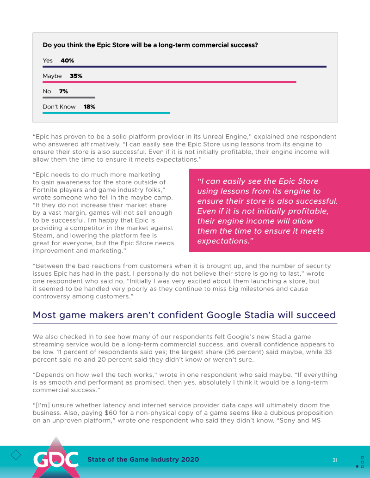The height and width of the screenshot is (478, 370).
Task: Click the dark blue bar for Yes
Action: pyautogui.click(x=185, y=67)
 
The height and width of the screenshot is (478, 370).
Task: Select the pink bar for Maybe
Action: pyautogui.click(x=169, y=82)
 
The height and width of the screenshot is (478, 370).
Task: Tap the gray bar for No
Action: pyautogui.click(x=68, y=97)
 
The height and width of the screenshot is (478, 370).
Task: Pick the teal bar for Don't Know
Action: pyautogui.click(x=106, y=113)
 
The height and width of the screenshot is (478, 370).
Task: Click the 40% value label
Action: pyautogui.click(x=67, y=61)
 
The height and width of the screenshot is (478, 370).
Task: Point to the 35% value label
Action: pyautogui.click(x=76, y=76)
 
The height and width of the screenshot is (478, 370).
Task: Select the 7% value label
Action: pyautogui.click(x=63, y=91)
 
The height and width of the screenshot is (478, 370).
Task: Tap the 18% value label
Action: pyautogui.click(x=89, y=107)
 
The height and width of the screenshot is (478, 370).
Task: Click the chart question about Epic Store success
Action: pyautogui.click(x=150, y=45)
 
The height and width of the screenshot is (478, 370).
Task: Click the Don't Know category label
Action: pyautogui.click(x=59, y=107)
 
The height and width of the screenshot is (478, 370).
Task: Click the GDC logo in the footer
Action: pyautogui.click(x=55, y=459)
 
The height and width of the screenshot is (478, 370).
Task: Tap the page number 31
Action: pyautogui.click(x=335, y=460)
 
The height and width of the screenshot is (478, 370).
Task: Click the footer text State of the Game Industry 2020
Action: pyautogui.click(x=143, y=460)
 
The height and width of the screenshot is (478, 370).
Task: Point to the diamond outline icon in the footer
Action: pyautogui.click(x=16, y=454)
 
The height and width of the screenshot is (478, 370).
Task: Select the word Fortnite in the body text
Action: pyautogui.click(x=46, y=190)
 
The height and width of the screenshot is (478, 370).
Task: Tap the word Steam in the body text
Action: pyautogui.click(x=43, y=235)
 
